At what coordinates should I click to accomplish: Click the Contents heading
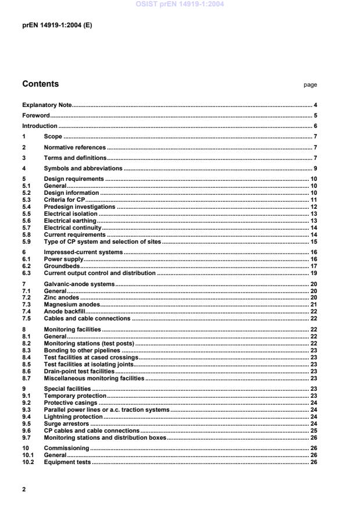point(40,84)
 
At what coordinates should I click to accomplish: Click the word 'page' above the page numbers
point(310,85)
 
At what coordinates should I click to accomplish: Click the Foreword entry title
point(36,115)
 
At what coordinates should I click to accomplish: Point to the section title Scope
point(53,137)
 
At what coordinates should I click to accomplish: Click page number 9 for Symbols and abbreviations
point(315,169)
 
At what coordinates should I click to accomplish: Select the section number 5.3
point(26,199)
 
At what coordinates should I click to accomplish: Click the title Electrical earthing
point(70,221)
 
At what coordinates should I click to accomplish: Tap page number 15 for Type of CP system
point(313,242)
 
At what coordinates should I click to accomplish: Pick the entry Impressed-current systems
point(83,252)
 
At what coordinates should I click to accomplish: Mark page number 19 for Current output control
point(313,273)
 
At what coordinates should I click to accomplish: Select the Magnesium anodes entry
point(72,304)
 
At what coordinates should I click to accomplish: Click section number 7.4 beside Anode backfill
point(26,311)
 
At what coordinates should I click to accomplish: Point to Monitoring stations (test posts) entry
point(89,343)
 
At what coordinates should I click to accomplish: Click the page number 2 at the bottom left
point(24,489)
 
